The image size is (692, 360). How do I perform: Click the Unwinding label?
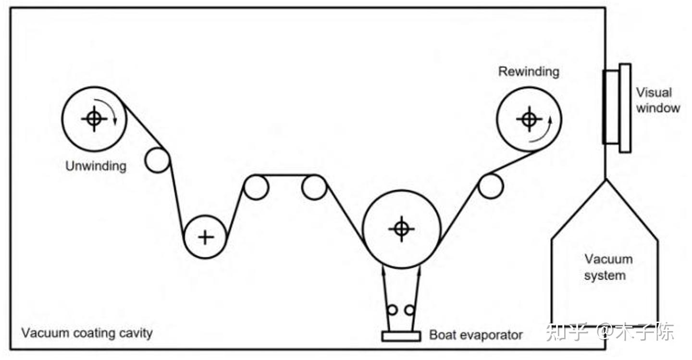click(x=96, y=166)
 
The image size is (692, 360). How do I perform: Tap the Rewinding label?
click(x=529, y=72)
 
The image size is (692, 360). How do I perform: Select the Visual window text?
click(x=657, y=100)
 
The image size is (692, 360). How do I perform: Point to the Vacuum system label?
click(x=608, y=267)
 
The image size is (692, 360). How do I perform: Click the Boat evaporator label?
click(x=476, y=335)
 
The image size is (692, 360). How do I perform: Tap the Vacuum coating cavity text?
click(x=87, y=333)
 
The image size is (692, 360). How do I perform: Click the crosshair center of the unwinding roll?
click(x=94, y=118)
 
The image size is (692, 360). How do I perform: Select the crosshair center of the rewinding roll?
click(x=529, y=118)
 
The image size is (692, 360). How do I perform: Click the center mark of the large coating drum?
click(x=401, y=229)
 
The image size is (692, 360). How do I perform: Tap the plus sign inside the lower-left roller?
click(x=206, y=236)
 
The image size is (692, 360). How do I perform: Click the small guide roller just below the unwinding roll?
click(x=157, y=161)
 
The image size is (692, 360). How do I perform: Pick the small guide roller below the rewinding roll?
click(x=491, y=186)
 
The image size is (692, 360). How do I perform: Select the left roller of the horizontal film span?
click(x=256, y=187)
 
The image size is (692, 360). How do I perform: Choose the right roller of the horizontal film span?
click(x=314, y=187)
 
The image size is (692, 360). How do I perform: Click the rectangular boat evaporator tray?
click(x=401, y=336)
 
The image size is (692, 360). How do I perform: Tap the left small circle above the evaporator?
click(x=393, y=310)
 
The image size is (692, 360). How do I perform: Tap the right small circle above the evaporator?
click(x=409, y=310)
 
